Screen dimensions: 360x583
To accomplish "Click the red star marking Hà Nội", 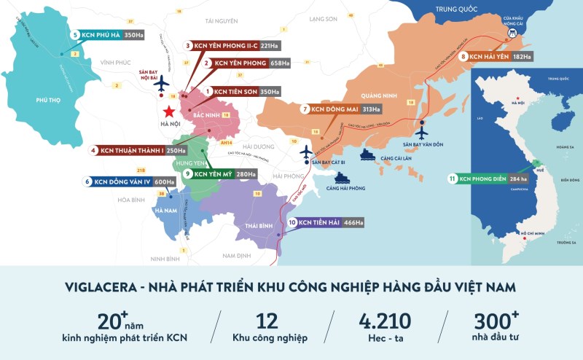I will pos(168,111).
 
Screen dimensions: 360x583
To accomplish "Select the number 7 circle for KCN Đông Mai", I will pos(305,109).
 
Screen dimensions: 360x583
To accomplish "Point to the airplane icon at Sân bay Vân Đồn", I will pos(421,132).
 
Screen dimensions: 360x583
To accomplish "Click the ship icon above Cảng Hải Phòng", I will pos(342,176).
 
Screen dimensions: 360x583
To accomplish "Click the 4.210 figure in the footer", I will pos(384,321).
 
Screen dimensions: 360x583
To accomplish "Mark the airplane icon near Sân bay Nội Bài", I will pos(160,85).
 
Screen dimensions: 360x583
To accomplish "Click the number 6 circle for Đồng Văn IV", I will pos(88,182).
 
